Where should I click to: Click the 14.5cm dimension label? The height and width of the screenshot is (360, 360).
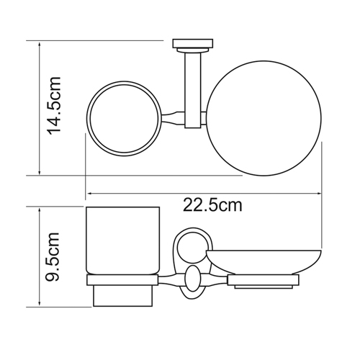coord(54,106)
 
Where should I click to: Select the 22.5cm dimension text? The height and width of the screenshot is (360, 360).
coord(212,205)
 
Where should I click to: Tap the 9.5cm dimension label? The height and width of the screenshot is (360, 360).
coord(52,257)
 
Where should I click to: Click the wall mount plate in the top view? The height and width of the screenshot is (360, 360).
coord(193,43)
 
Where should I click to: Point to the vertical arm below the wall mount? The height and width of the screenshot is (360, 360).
coord(192,90)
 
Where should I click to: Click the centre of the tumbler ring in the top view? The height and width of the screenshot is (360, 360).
coord(124,119)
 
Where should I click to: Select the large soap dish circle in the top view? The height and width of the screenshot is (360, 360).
coord(264,118)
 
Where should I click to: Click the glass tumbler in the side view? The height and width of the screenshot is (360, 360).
coord(122,240)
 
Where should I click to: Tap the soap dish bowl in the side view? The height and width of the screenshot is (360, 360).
coord(264,262)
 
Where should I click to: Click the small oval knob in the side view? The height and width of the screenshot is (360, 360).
coord(192,278)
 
